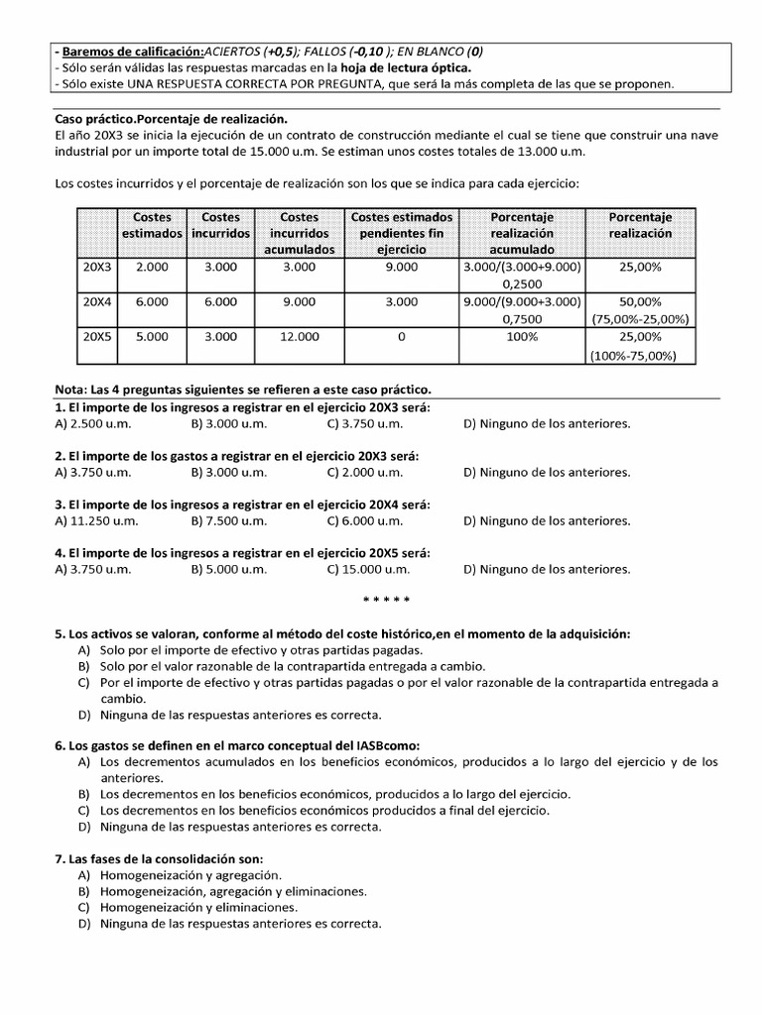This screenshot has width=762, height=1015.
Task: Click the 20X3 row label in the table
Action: click(x=97, y=268)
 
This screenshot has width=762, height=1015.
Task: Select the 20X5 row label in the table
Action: click(x=97, y=337)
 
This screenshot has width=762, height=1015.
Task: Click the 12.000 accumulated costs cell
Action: click(x=299, y=337)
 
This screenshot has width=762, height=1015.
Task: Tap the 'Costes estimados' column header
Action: click(x=152, y=225)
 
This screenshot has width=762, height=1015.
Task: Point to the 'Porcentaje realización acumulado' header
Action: click(x=522, y=233)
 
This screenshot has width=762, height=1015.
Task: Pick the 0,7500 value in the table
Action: click(x=522, y=319)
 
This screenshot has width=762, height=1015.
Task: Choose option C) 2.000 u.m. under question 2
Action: click(x=364, y=473)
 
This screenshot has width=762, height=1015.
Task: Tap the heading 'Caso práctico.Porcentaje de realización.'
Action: click(x=171, y=119)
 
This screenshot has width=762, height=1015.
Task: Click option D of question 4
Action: click(x=547, y=569)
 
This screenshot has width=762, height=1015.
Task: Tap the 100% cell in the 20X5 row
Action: click(x=522, y=337)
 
